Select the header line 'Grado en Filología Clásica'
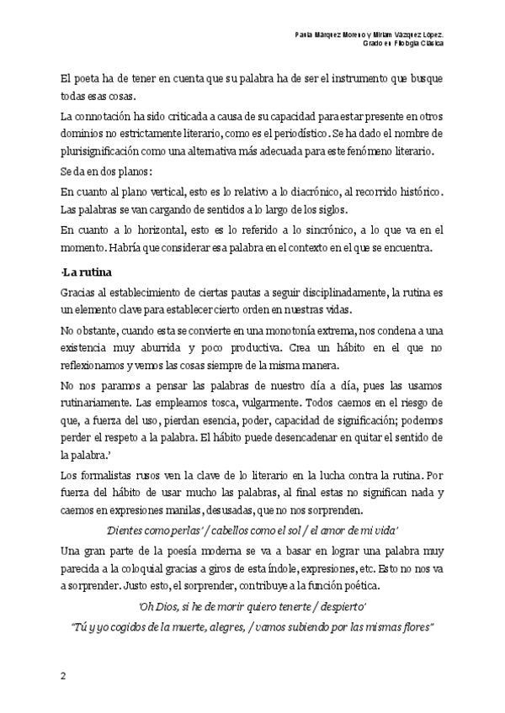click(x=404, y=43)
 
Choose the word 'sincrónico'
click(x=283, y=230)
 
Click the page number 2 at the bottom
click(x=62, y=676)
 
